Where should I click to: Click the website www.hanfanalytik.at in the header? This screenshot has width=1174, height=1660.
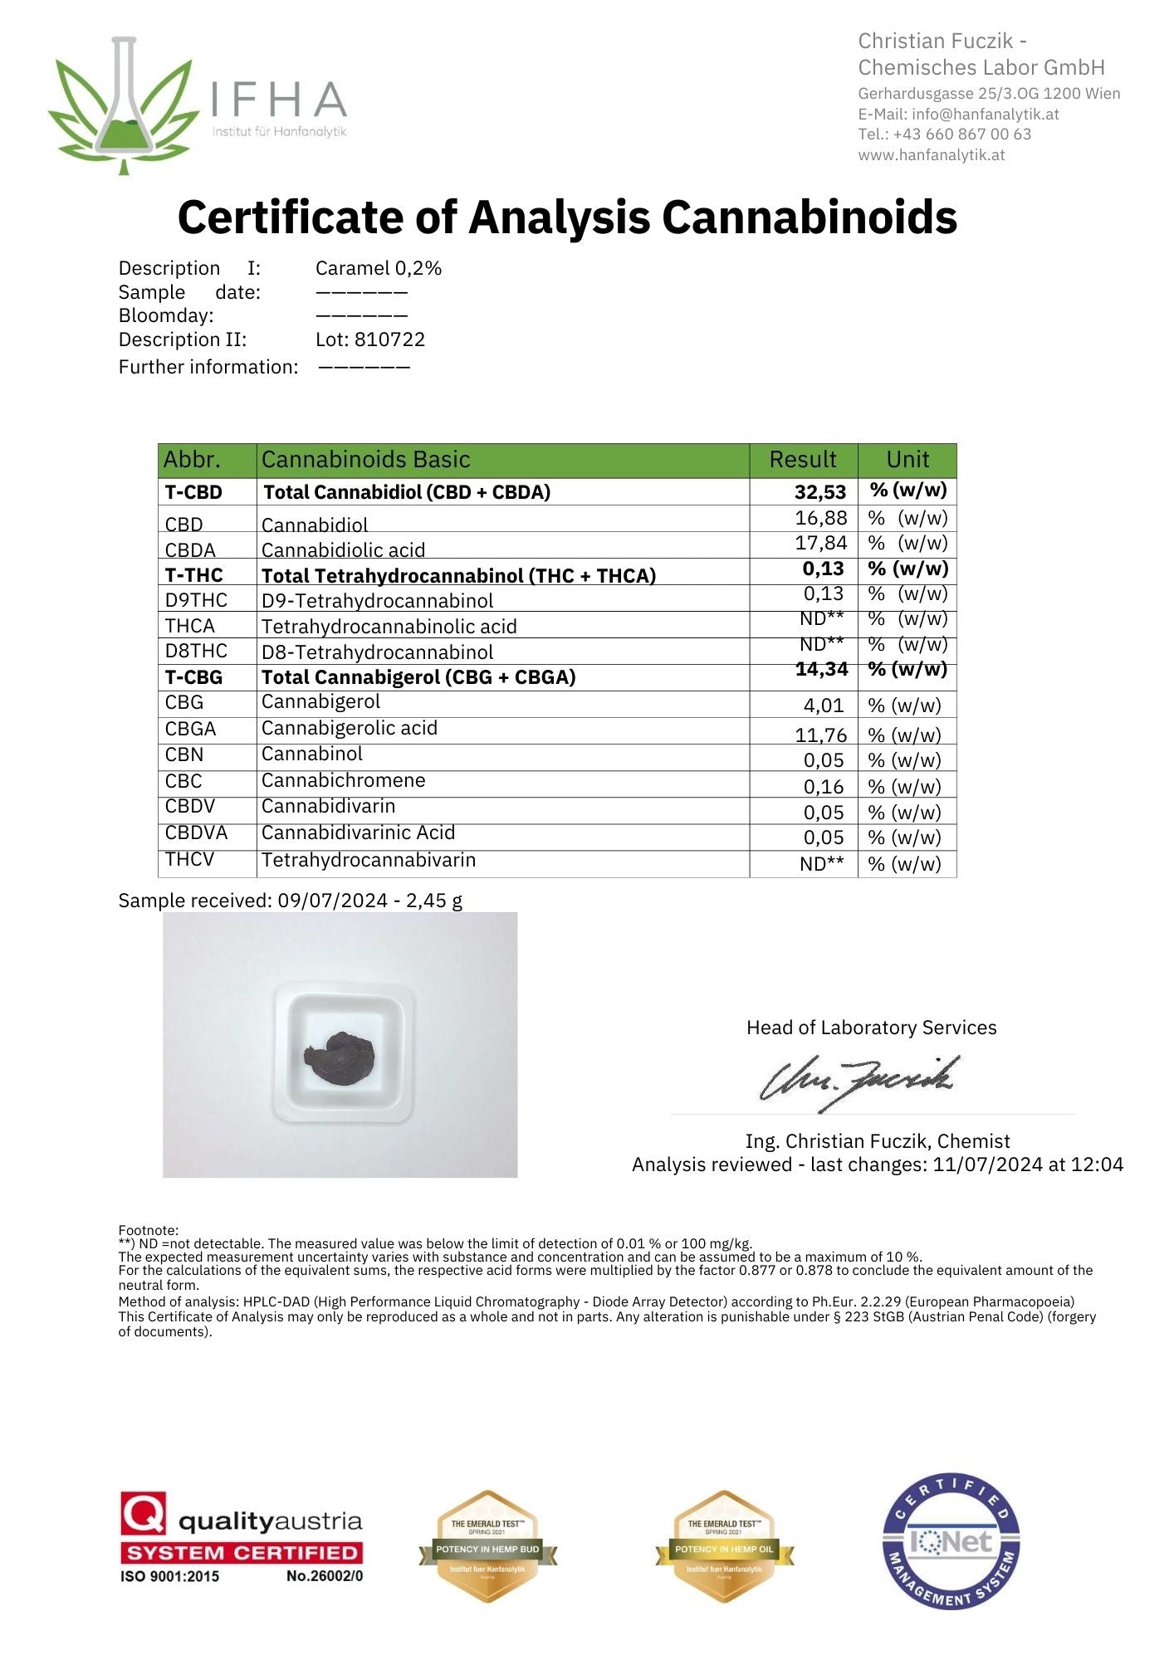(x=931, y=155)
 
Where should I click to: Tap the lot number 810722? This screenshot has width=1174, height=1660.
(x=389, y=339)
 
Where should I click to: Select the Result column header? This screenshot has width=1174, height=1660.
(x=802, y=460)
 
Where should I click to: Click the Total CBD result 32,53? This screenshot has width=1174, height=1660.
(x=819, y=492)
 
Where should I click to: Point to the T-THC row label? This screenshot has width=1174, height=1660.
(x=193, y=575)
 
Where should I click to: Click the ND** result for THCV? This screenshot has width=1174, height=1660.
(x=821, y=864)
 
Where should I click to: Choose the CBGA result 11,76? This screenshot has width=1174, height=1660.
(x=820, y=735)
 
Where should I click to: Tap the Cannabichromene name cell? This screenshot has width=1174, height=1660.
(x=343, y=780)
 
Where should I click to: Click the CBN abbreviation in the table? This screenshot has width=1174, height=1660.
(x=183, y=754)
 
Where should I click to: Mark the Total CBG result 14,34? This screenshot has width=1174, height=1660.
(x=821, y=670)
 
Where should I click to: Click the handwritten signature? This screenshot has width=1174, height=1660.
(x=858, y=1081)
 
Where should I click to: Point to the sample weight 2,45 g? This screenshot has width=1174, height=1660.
(x=433, y=901)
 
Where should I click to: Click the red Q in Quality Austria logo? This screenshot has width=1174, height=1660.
(x=144, y=1513)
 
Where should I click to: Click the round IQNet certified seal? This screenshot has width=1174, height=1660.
(x=951, y=1542)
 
